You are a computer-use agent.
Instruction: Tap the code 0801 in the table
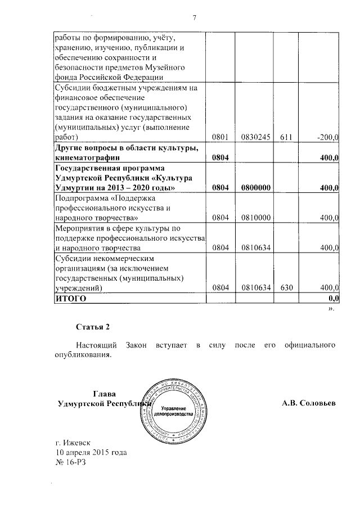click(219, 137)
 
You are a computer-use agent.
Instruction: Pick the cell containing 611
click(285, 137)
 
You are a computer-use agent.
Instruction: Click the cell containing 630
click(285, 287)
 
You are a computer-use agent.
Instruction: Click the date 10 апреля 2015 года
click(91, 453)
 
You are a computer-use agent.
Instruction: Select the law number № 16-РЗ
click(72, 463)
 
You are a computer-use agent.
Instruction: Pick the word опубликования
click(83, 354)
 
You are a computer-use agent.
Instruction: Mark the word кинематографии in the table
click(88, 158)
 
